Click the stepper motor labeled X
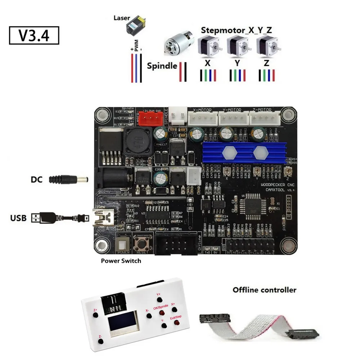208,48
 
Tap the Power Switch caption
121,261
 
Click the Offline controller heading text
264,289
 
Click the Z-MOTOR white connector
264,117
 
